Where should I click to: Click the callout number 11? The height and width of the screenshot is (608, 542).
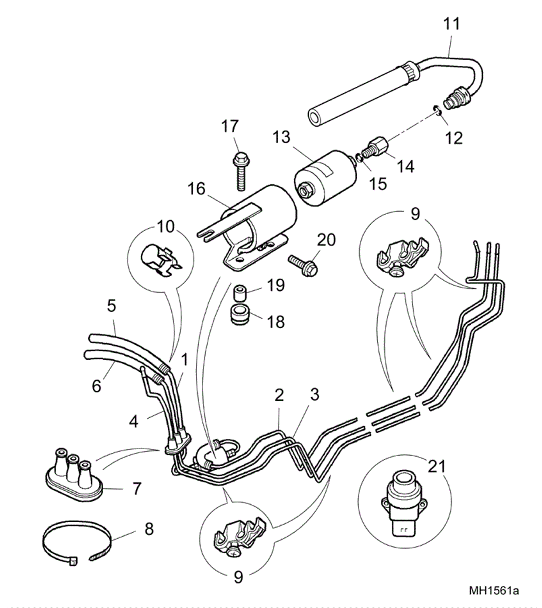(451, 24)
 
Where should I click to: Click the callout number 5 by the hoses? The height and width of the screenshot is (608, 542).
(111, 306)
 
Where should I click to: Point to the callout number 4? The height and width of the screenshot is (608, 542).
(134, 422)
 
